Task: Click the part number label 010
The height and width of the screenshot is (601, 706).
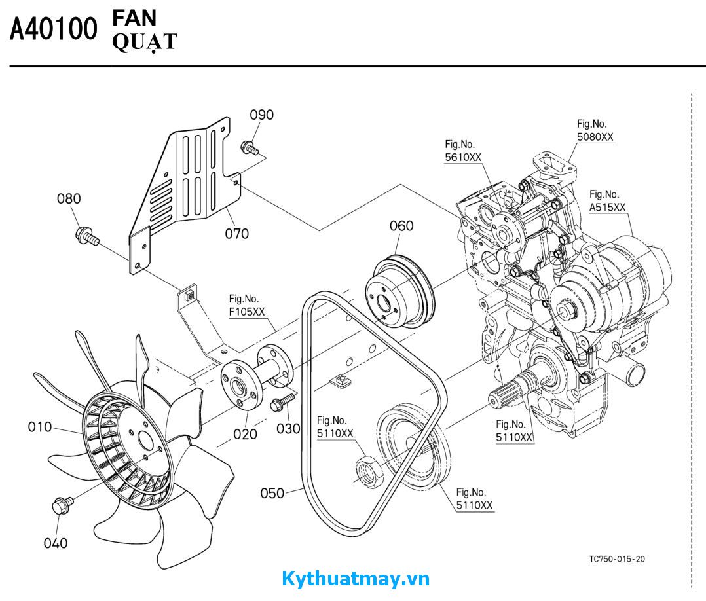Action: click(x=39, y=428)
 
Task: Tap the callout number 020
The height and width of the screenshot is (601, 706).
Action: click(x=246, y=434)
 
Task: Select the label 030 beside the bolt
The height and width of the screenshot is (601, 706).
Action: click(x=288, y=429)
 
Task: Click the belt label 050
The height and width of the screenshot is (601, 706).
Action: click(x=272, y=493)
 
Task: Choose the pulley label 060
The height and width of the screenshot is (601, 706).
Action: click(x=401, y=226)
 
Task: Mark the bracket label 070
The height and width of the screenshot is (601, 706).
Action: click(x=236, y=233)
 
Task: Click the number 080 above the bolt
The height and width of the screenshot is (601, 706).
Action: click(x=69, y=198)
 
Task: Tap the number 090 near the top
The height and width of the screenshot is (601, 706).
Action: click(x=261, y=115)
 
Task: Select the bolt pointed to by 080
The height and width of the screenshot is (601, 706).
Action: click(x=86, y=235)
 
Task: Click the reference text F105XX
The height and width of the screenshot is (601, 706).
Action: click(x=247, y=312)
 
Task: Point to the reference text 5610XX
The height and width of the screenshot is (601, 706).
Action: click(x=463, y=158)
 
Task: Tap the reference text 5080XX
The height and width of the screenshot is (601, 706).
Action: click(x=595, y=137)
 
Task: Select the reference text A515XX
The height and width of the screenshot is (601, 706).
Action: click(x=607, y=207)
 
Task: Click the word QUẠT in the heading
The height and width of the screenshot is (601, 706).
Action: click(x=145, y=42)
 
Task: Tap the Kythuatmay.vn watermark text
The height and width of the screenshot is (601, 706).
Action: click(x=356, y=579)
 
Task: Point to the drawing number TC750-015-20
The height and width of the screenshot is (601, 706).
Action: click(x=617, y=559)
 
